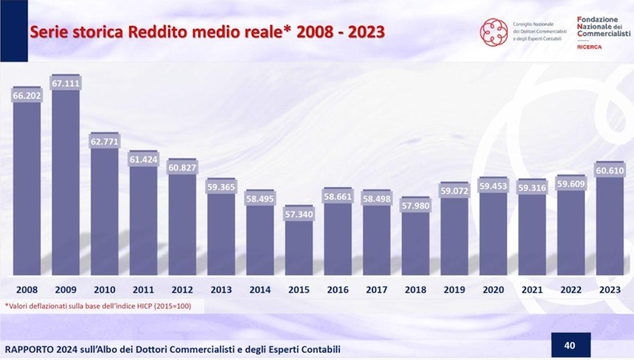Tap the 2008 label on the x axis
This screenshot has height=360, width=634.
pyautogui.click(x=27, y=290)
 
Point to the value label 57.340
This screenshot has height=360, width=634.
pyautogui.click(x=299, y=214)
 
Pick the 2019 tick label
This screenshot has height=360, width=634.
pyautogui.click(x=454, y=290)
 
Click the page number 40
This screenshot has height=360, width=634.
pyautogui.click(x=569, y=345)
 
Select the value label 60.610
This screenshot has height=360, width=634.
pyautogui.click(x=609, y=170)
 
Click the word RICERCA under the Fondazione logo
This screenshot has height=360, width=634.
pyautogui.click(x=590, y=47)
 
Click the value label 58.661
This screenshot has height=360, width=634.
pyautogui.click(x=337, y=197)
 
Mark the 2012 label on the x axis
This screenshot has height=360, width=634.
pyautogui.click(x=182, y=290)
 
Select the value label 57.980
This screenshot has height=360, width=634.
pyautogui.click(x=415, y=205)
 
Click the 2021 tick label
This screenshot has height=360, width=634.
pyautogui.click(x=531, y=290)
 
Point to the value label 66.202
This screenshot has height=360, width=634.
pyautogui.click(x=27, y=95)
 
